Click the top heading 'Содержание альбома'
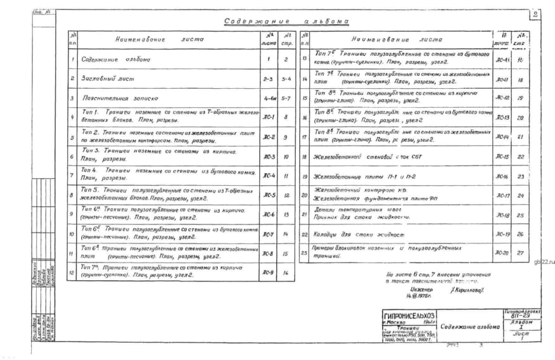click(x=286, y=21)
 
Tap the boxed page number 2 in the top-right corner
click(x=535, y=14)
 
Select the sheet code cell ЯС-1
click(x=269, y=117)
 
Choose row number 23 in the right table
click(x=304, y=253)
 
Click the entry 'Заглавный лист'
click(x=102, y=79)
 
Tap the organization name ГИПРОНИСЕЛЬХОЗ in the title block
click(x=409, y=315)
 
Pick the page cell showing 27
click(x=521, y=253)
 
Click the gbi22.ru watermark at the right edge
click(x=544, y=260)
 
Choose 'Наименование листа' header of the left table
click(x=159, y=39)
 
